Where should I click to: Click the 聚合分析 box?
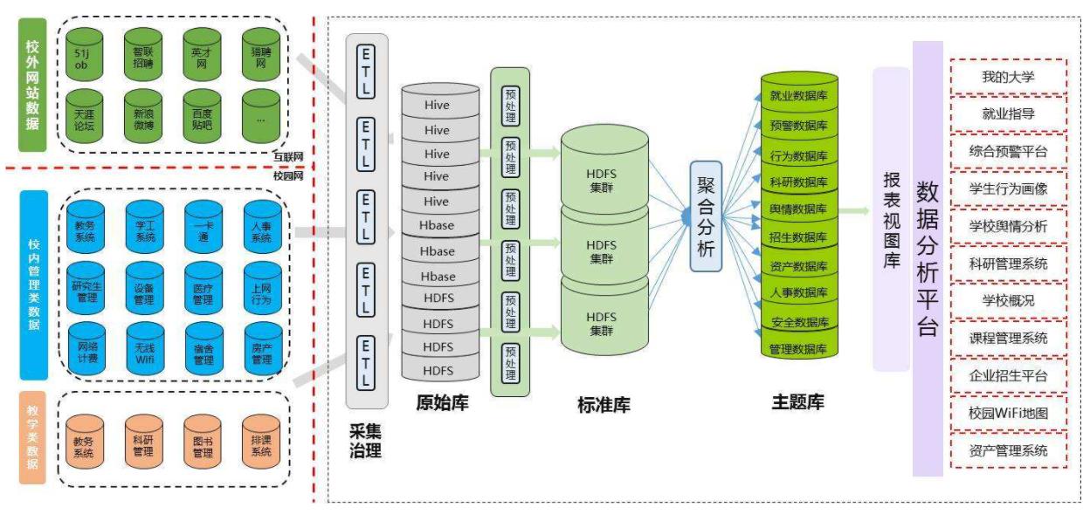click(x=706, y=215)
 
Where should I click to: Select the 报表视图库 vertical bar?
click(x=891, y=219)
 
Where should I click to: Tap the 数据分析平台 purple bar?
click(x=927, y=258)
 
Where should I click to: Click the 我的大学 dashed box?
click(x=1008, y=77)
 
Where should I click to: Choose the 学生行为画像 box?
click(x=1008, y=188)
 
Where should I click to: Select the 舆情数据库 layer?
click(x=798, y=209)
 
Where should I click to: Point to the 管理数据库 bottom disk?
click(x=798, y=348)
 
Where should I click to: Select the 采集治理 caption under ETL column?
click(x=365, y=441)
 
